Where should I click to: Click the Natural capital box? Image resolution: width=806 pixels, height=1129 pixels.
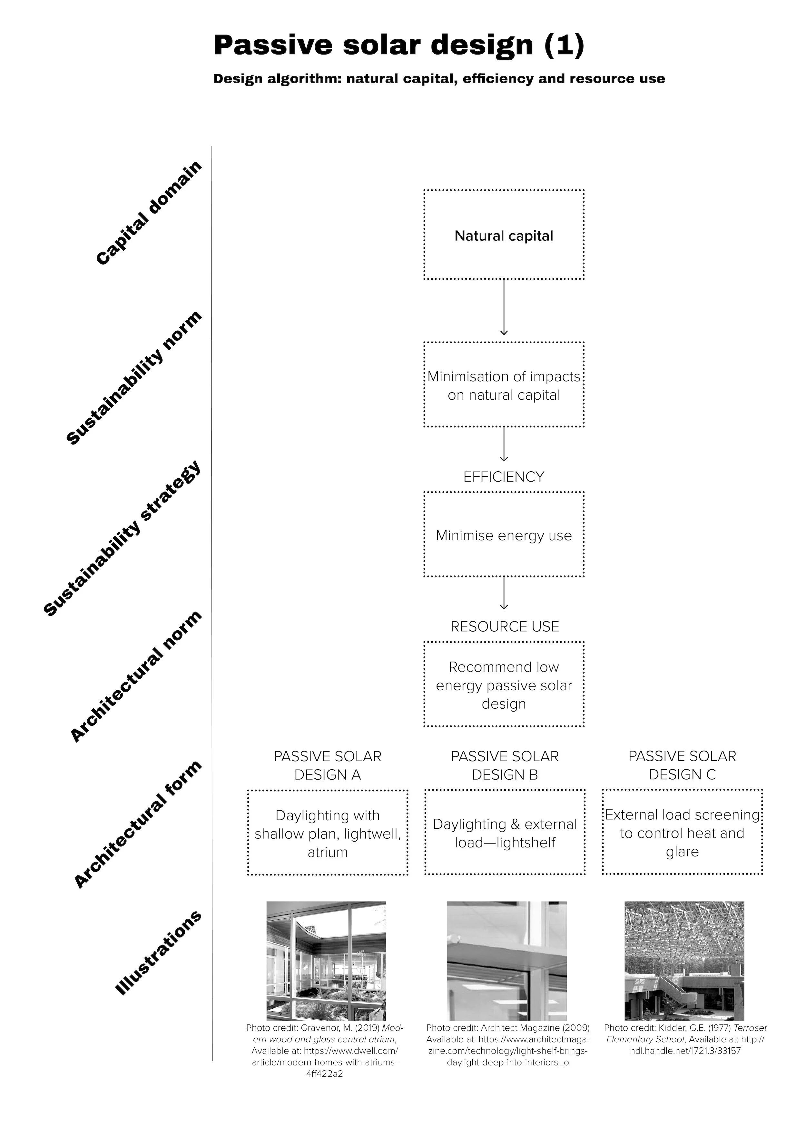tap(504, 235)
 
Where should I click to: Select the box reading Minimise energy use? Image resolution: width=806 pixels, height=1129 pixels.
tap(504, 535)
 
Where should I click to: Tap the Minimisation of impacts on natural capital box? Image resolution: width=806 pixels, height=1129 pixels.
tap(504, 385)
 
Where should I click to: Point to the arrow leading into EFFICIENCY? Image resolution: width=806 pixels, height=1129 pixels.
tap(504, 445)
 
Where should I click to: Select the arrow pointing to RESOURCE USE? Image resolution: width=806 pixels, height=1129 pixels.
tap(504, 593)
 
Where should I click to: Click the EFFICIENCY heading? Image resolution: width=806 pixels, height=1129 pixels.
tap(504, 477)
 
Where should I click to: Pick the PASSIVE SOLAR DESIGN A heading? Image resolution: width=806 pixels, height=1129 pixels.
tap(328, 765)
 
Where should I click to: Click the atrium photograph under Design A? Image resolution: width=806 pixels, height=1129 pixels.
tap(326, 961)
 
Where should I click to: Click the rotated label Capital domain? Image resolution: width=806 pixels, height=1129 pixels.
tap(149, 213)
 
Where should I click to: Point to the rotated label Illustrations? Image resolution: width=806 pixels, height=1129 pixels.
tap(158, 953)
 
